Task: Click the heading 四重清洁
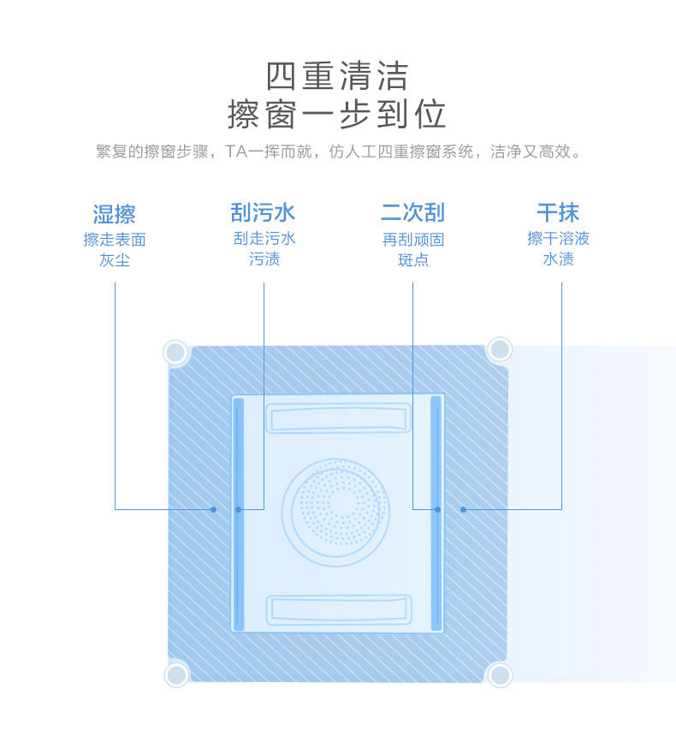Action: [x=337, y=76]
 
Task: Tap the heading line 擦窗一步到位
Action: [x=337, y=115]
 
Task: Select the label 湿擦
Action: [x=115, y=214]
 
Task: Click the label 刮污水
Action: [x=264, y=212]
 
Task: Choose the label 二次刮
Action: [x=412, y=212]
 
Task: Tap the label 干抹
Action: [x=558, y=212]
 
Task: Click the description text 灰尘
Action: [x=115, y=259]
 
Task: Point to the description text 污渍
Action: [x=264, y=258]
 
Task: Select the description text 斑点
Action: [x=412, y=259]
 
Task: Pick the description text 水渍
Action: [x=558, y=258]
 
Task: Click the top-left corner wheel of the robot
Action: [x=175, y=352]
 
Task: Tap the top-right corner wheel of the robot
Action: [x=499, y=349]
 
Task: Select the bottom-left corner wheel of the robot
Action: [x=176, y=674]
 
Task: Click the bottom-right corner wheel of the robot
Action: [x=499, y=674]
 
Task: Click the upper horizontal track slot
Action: [x=337, y=418]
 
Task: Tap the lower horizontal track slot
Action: [x=337, y=608]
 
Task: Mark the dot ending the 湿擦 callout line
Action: [x=214, y=509]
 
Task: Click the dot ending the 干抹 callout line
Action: [x=463, y=509]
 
